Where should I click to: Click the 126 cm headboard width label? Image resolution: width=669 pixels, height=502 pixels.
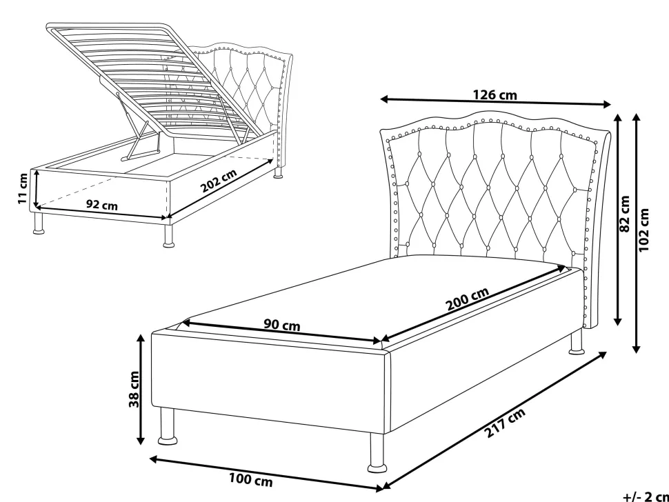pyautogui.click(x=495, y=94)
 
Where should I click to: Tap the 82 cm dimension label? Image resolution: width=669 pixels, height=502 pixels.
pyautogui.click(x=624, y=213)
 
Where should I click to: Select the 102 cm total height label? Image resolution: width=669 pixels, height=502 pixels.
pyautogui.click(x=644, y=230)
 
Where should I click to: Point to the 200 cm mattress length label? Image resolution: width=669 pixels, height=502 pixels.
pyautogui.click(x=467, y=299)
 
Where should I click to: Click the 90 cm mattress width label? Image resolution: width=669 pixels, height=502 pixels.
pyautogui.click(x=281, y=325)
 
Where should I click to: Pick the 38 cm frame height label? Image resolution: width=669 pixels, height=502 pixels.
pyautogui.click(x=134, y=389)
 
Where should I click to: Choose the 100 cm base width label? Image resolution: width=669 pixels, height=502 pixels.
pyautogui.click(x=251, y=480)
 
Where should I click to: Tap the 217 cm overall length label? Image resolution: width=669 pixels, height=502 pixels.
pyautogui.click(x=505, y=423)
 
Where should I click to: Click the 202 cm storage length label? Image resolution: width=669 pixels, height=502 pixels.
pyautogui.click(x=219, y=181)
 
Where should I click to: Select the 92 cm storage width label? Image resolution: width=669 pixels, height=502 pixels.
pyautogui.click(x=102, y=205)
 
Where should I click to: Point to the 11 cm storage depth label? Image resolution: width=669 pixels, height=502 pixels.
pyautogui.click(x=23, y=188)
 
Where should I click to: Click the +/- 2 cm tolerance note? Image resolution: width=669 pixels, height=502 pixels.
pyautogui.click(x=646, y=496)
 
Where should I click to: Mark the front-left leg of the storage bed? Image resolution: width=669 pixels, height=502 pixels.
pyautogui.click(x=39, y=223)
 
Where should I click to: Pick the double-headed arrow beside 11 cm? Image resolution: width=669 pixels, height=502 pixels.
pyautogui.click(x=37, y=188)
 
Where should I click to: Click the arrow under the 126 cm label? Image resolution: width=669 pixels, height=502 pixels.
pyautogui.click(x=495, y=102)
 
